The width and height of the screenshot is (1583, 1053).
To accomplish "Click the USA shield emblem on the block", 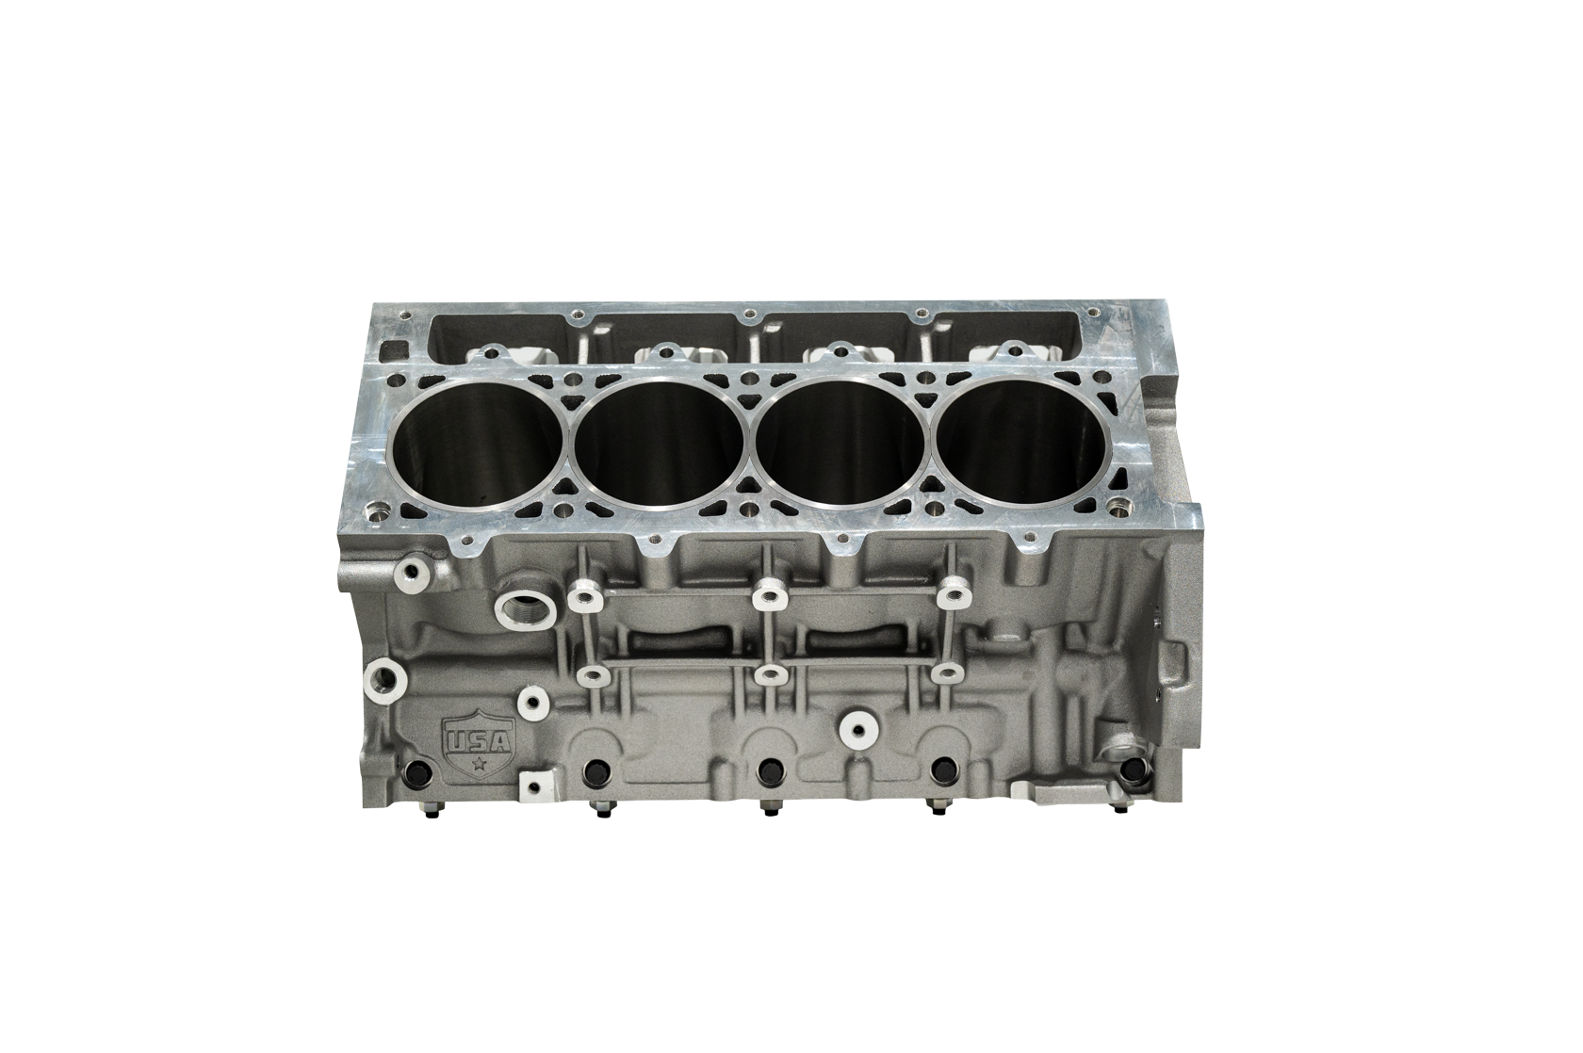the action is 479,741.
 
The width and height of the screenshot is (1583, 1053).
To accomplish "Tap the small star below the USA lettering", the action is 480,762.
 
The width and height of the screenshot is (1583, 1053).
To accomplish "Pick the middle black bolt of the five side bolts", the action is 768,772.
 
